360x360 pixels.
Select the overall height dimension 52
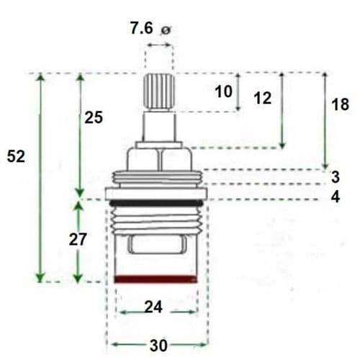point(16,156)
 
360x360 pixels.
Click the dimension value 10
point(224,91)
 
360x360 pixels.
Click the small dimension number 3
point(336,176)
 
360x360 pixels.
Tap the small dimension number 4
point(336,197)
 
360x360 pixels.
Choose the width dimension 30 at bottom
point(158,344)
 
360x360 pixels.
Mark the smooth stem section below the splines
point(159,127)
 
